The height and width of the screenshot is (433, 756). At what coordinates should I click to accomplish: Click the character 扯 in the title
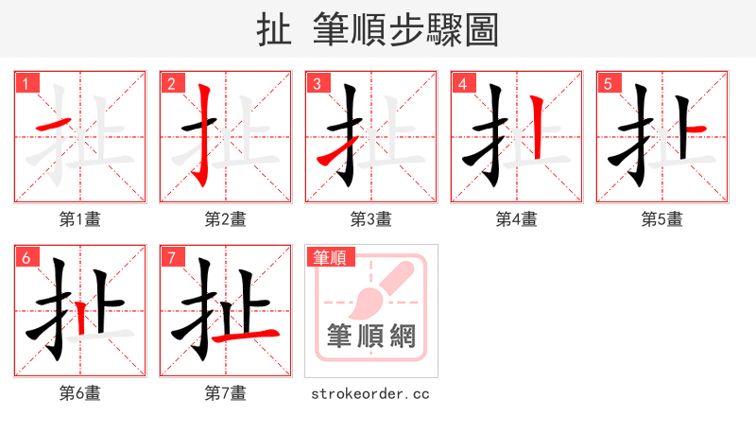click(273, 30)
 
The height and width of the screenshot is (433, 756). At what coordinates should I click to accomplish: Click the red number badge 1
click(26, 83)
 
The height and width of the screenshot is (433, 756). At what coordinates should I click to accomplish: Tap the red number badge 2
click(172, 83)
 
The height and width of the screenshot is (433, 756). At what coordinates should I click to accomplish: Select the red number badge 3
click(318, 83)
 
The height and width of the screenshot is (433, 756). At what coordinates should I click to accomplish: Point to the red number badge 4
click(463, 83)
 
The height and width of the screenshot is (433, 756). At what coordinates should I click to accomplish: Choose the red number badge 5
click(609, 83)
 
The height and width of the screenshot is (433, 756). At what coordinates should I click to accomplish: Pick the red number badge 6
click(26, 257)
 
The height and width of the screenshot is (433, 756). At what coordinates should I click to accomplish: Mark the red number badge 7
click(172, 257)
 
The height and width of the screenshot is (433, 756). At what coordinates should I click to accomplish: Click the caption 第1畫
click(80, 219)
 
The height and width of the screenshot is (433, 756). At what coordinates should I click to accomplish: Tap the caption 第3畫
click(371, 219)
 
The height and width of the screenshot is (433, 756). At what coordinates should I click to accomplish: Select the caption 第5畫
click(662, 219)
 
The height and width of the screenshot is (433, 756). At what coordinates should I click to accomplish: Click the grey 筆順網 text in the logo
click(370, 337)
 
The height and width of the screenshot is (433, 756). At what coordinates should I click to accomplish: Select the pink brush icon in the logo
click(378, 288)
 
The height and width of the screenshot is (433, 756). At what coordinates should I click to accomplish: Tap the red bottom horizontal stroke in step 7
click(245, 335)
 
